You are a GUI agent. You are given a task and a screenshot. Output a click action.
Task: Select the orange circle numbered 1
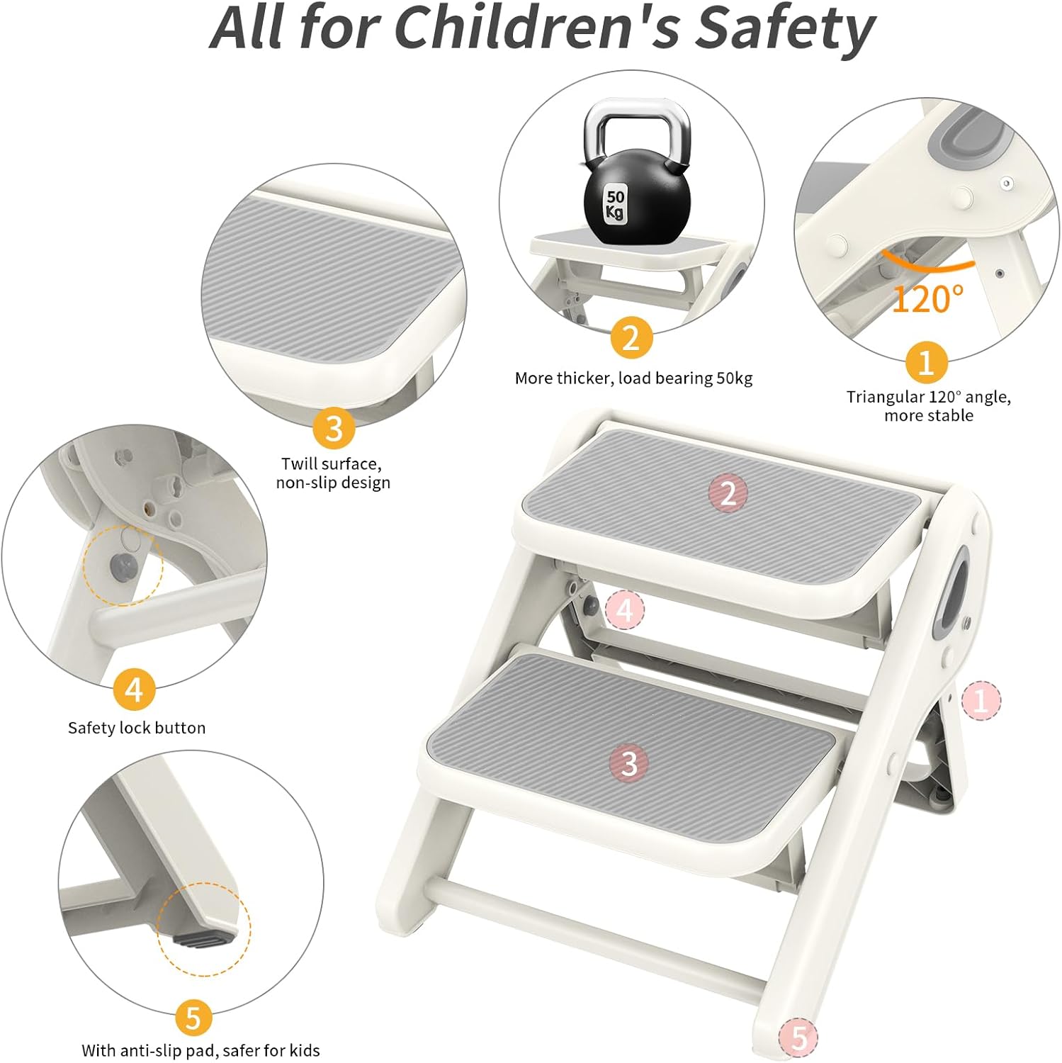click(926, 362)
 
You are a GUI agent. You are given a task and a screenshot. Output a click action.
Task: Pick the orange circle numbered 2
click(631, 337)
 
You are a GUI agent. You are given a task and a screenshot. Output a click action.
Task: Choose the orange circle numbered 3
click(334, 427)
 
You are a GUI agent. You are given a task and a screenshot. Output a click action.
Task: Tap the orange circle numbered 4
click(135, 689)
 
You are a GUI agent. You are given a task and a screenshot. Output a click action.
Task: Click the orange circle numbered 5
click(193, 1018)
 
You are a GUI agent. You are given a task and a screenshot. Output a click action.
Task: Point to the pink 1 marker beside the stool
click(981, 700)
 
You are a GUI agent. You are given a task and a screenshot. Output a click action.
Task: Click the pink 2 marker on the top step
click(728, 492)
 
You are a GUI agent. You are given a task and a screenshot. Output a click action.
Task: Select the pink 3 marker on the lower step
click(629, 763)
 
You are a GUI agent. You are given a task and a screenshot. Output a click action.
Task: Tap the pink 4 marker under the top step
click(625, 609)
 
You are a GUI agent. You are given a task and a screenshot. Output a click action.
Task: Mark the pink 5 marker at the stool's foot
click(798, 1038)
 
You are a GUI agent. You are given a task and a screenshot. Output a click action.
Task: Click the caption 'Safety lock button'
click(137, 728)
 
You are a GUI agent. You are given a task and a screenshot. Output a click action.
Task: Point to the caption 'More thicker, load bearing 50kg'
click(633, 378)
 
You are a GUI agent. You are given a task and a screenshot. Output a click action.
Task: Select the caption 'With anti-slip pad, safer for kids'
click(200, 1050)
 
